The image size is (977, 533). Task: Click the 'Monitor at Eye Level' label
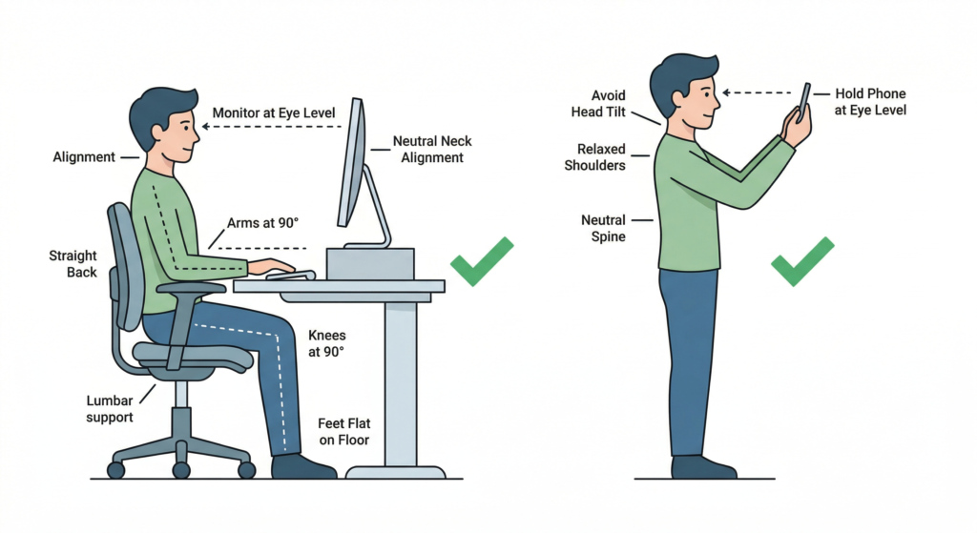[x=274, y=113]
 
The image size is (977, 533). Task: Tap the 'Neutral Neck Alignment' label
[x=432, y=150]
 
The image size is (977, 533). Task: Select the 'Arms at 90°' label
[x=262, y=223]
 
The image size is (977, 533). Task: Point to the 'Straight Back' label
[x=73, y=263]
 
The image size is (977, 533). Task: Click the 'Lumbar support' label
[x=110, y=408]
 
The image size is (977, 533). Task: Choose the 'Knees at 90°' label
[x=326, y=343]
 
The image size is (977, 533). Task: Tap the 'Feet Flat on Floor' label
[x=343, y=432]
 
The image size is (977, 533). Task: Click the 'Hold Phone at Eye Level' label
[x=870, y=101]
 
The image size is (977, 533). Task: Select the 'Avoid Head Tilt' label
[x=598, y=103]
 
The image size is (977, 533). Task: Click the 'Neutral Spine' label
[x=603, y=228]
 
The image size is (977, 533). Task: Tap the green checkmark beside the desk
[x=482, y=261]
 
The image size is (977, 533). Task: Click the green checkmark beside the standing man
[x=802, y=261]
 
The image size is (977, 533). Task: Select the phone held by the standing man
[x=804, y=101]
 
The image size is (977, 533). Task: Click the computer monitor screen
[x=351, y=162]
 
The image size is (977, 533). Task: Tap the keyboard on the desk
[x=291, y=275]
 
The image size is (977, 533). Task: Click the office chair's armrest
[x=191, y=288]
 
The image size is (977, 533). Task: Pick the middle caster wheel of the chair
[x=181, y=469]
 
